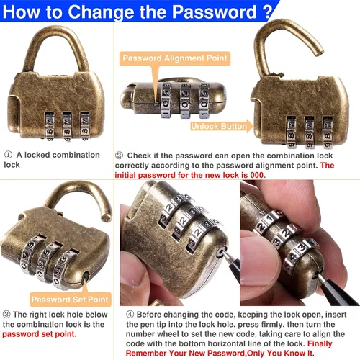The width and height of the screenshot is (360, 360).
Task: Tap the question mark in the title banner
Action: click(268, 12)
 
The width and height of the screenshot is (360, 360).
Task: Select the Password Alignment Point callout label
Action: click(175, 58)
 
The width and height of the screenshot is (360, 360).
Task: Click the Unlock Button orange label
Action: click(219, 126)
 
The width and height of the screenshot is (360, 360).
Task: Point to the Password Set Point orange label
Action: click(70, 300)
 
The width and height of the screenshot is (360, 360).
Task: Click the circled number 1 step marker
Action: click(8, 155)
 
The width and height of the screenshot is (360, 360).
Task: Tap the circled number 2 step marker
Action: click(120, 156)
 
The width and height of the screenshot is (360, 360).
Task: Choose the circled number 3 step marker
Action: click(6, 314)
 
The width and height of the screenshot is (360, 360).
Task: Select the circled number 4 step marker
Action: click(130, 314)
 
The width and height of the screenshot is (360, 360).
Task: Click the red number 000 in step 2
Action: click(257, 175)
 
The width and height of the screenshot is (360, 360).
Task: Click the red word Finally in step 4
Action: click(320, 343)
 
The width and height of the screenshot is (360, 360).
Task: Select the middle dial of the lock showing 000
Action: click(185, 101)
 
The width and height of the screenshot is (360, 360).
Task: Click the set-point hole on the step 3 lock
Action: click(86, 276)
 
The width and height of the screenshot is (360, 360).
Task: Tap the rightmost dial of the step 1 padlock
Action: click(85, 125)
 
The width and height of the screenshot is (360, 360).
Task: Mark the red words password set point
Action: click(38, 334)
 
